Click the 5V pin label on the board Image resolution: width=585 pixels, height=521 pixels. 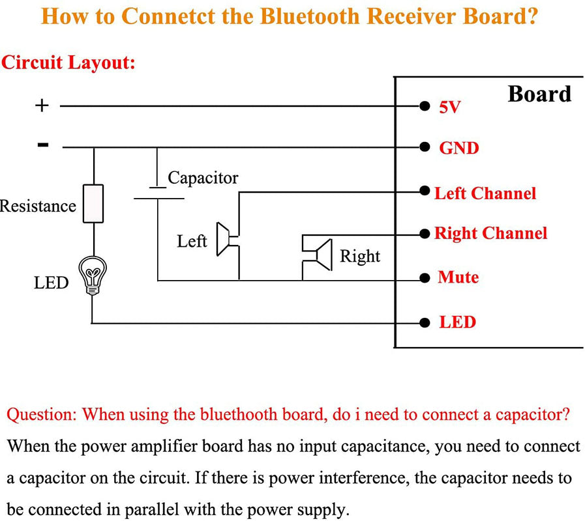(449, 107)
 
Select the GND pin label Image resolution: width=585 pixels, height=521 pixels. (458, 148)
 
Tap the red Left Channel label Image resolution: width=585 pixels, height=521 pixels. (485, 193)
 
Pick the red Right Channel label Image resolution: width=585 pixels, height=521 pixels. (490, 233)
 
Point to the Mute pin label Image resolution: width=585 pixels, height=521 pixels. (458, 277)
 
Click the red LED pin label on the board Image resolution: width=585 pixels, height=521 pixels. (457, 322)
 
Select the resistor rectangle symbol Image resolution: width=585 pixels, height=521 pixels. (93, 203)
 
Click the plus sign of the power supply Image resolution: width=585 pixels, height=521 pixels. (42, 106)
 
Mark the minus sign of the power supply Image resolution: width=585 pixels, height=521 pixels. (43, 145)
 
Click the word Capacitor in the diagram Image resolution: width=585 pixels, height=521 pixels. (203, 177)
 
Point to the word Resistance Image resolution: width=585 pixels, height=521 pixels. (38, 206)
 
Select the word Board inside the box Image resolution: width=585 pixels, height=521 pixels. (539, 94)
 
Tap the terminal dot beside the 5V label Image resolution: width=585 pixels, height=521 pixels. (425, 106)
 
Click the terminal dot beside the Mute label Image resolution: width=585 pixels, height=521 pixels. (425, 279)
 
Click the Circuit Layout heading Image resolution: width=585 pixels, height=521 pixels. (68, 63)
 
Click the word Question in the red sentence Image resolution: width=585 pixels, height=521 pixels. (42, 414)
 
